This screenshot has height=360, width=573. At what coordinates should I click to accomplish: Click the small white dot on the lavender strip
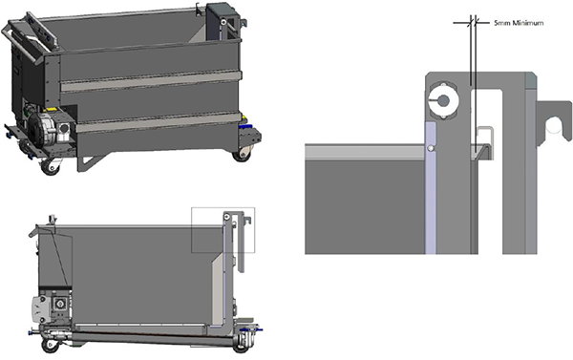(x=431, y=149)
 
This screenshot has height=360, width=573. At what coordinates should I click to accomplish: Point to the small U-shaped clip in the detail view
(x=483, y=136)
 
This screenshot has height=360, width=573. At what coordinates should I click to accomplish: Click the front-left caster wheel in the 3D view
(x=49, y=165)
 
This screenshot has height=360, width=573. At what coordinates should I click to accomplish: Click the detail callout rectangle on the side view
(x=223, y=230)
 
